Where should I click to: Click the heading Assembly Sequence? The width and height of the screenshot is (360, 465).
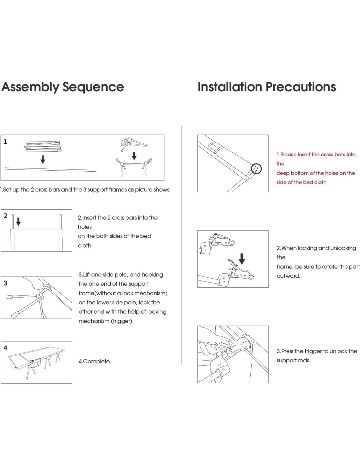[63, 87]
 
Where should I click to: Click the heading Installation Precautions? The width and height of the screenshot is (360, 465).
[267, 87]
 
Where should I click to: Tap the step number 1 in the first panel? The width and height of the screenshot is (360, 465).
[5, 142]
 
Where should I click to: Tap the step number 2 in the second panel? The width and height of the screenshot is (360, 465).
[5, 216]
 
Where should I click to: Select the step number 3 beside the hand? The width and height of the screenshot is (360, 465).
[5, 283]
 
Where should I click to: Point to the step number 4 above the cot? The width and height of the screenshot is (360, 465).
[5, 348]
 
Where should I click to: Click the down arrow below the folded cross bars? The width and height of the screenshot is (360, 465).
[43, 159]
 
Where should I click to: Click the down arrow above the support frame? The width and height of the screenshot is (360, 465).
[134, 156]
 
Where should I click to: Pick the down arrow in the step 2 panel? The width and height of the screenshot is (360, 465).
[18, 222]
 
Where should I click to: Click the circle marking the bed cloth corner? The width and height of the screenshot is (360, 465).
[256, 169]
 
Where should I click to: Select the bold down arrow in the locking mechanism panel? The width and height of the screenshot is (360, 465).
[242, 258]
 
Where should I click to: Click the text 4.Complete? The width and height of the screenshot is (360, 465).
[95, 361]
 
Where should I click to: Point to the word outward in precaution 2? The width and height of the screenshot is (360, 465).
[288, 276]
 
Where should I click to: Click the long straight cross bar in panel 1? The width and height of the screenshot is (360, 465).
[50, 169]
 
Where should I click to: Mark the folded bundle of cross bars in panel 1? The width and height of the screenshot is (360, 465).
[43, 146]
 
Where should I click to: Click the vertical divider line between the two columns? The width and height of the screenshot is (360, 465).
[181, 245]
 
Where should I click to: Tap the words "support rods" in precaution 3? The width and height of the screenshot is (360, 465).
[293, 360]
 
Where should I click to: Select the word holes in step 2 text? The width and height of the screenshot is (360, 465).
[85, 227]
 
